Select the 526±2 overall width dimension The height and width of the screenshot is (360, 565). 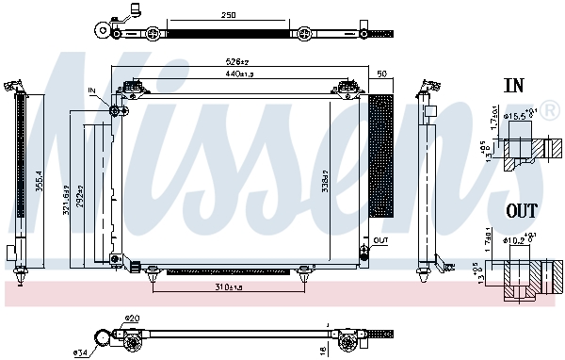[238, 63]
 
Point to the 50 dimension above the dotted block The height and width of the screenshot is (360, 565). [381, 73]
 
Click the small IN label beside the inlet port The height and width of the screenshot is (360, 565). [92, 90]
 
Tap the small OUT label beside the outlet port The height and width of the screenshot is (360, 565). [379, 241]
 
